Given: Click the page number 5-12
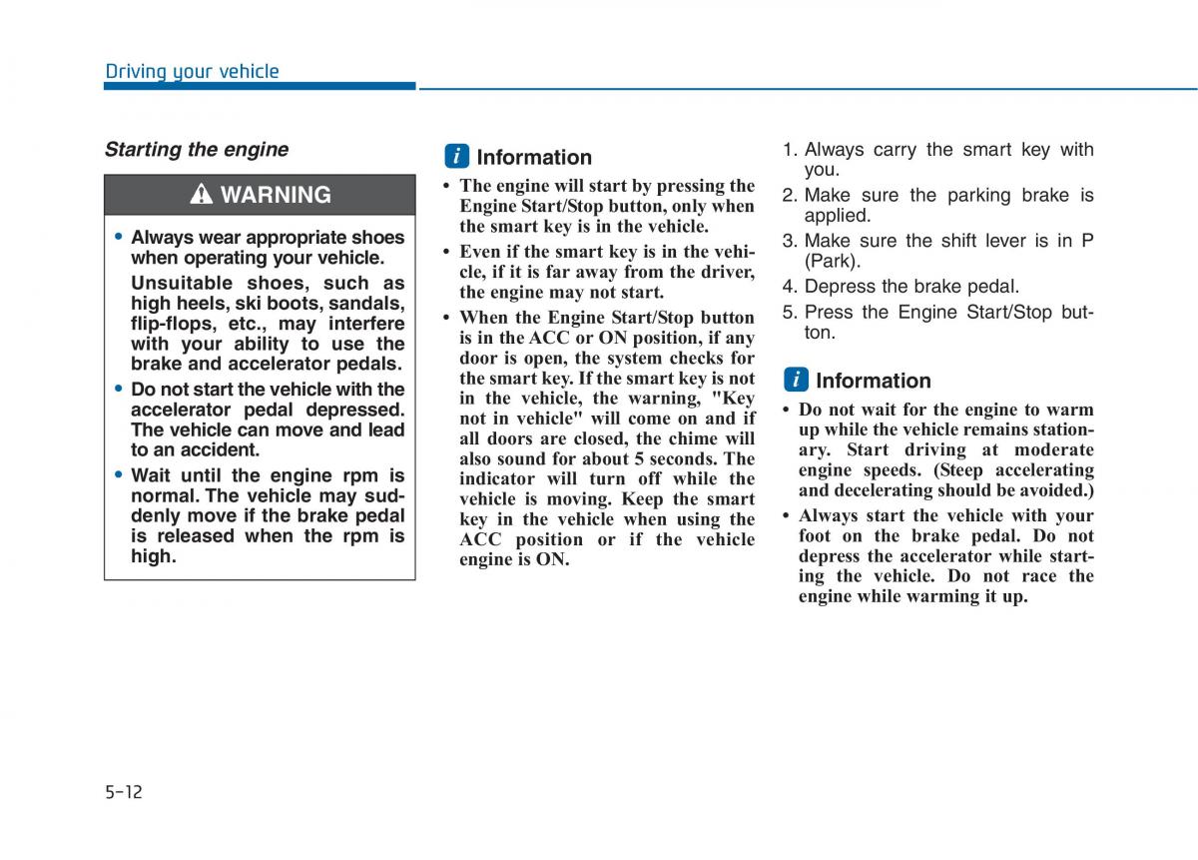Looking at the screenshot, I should tap(124, 792).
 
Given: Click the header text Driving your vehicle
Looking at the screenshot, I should tap(192, 71).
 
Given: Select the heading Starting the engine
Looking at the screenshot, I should tap(197, 150).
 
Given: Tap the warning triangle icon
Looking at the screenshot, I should tap(202, 195).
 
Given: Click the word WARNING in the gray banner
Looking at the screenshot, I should tap(276, 195).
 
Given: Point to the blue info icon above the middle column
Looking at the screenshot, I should tap(456, 157).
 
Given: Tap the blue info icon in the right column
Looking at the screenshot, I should tap(796, 381).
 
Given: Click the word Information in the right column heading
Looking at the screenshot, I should tap(873, 381).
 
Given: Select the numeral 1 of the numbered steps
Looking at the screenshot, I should tap(788, 150).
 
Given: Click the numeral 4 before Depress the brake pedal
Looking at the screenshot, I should tap(788, 287).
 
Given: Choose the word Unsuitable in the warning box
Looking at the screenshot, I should tap(181, 283).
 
